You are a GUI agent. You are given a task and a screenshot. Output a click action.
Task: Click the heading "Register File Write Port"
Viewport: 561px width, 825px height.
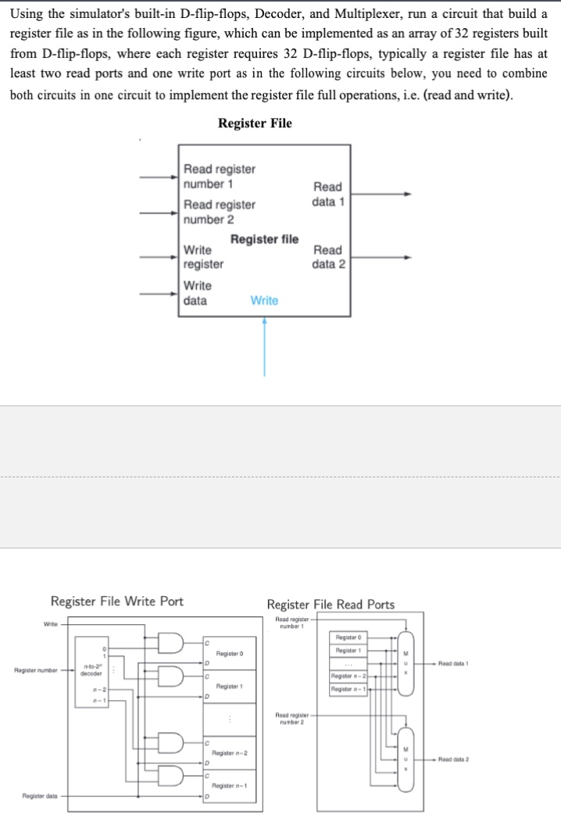click(x=117, y=601)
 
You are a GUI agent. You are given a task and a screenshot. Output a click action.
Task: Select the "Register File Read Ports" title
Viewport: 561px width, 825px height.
click(x=331, y=604)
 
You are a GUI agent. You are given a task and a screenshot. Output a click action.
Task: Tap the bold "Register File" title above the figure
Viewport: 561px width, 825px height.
click(x=255, y=123)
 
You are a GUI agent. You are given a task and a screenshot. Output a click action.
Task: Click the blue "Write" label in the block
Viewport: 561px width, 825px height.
click(x=264, y=300)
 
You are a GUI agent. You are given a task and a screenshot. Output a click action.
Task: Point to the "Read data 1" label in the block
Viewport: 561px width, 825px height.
click(x=327, y=194)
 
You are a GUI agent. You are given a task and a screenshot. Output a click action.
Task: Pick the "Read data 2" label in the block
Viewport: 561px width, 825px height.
click(x=327, y=257)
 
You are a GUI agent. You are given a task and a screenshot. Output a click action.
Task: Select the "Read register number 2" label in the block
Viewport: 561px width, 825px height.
click(x=219, y=212)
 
